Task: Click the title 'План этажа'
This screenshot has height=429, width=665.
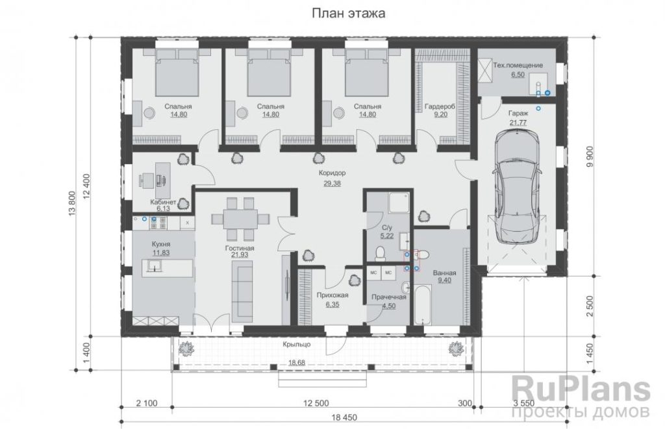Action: tap(349, 14)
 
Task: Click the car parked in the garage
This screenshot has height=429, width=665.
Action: tap(517, 187)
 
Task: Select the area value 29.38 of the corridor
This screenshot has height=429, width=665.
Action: tap(332, 184)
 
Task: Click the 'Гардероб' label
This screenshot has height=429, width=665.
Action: tap(440, 107)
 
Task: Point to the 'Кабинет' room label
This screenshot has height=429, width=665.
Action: tap(163, 202)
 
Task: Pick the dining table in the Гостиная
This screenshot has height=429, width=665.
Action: tap(240, 219)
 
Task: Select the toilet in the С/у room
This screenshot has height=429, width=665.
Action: tap(381, 253)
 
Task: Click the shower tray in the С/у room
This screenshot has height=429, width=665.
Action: tap(399, 202)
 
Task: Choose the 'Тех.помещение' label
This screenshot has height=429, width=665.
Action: tap(518, 66)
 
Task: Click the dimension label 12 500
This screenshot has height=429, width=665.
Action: tap(316, 403)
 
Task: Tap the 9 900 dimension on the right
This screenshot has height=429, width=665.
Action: tap(590, 157)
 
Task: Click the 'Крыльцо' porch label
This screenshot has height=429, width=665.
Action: tap(297, 344)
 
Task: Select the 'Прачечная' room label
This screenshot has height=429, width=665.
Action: tap(389, 297)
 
